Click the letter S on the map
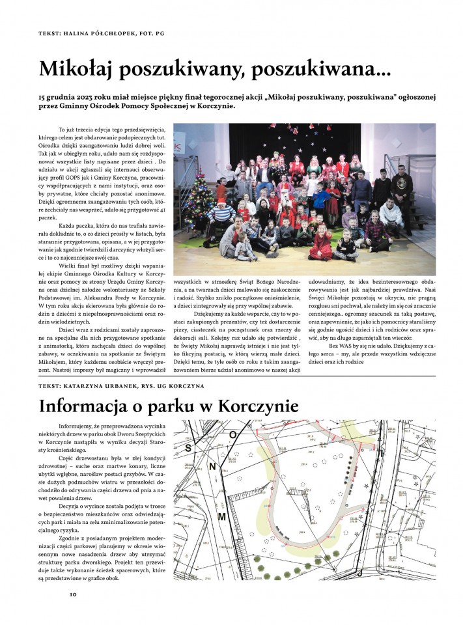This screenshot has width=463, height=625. pyautogui.click(x=189, y=449)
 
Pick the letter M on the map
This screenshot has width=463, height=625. pyautogui.click(x=221, y=516)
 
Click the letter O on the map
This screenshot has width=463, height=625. pyautogui.click(x=232, y=433)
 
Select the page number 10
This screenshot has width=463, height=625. pyautogui.click(x=74, y=594)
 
